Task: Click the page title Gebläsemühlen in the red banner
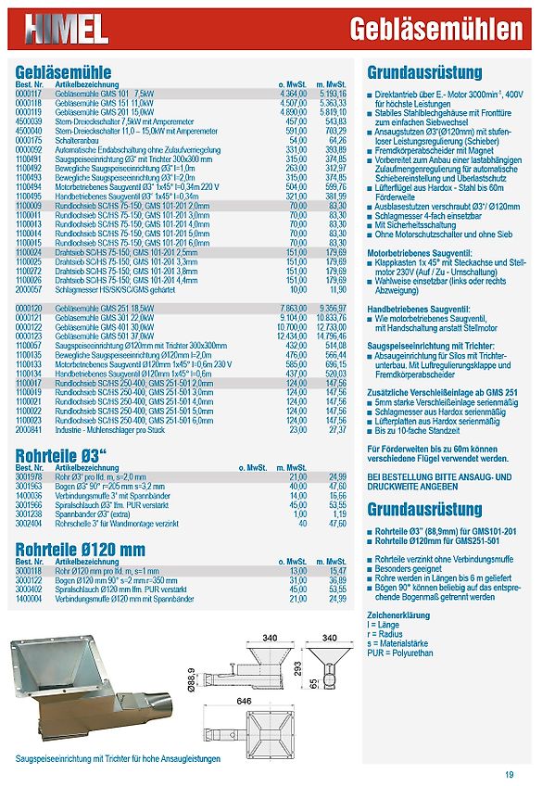click(x=436, y=30)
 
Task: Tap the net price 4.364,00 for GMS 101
click(x=293, y=94)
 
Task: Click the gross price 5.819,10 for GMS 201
click(x=332, y=111)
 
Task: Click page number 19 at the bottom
click(x=510, y=775)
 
